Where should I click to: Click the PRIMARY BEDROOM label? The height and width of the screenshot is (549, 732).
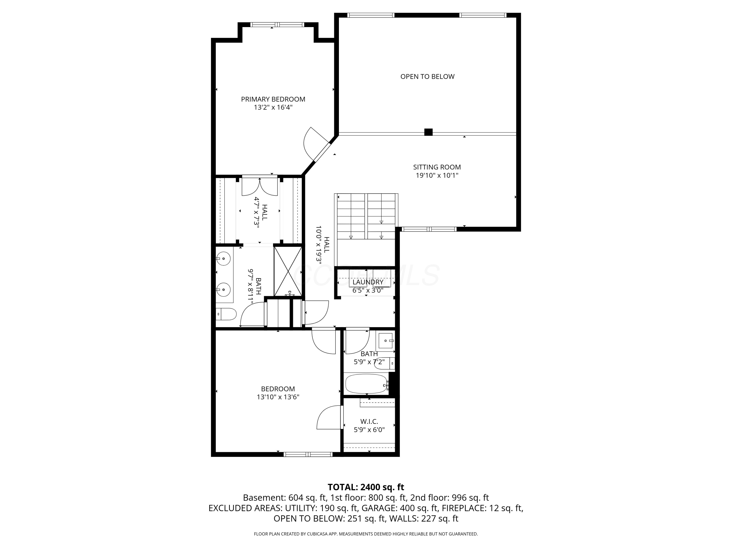click(x=273, y=99)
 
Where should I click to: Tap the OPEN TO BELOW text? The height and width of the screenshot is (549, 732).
click(x=427, y=76)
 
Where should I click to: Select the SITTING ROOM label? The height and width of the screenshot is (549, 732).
click(x=437, y=167)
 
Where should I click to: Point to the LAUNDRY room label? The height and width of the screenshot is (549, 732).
click(x=368, y=282)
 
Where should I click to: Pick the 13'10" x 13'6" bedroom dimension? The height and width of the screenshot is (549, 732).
click(x=278, y=397)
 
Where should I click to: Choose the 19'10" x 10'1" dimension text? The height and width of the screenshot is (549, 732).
click(x=437, y=175)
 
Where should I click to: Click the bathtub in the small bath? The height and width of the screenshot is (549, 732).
click(x=366, y=384)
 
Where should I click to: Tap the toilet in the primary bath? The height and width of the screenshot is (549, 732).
click(x=226, y=314)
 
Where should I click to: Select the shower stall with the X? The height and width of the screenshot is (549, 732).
click(x=288, y=271)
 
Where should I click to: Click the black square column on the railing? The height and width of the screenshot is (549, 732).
click(x=428, y=132)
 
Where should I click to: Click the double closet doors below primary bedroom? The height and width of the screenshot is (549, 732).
click(x=260, y=187)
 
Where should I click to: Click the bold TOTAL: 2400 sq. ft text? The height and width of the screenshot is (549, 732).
click(x=366, y=487)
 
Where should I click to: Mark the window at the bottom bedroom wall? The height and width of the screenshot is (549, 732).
click(x=308, y=454)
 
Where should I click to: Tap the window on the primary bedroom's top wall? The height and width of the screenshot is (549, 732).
click(x=277, y=24)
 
